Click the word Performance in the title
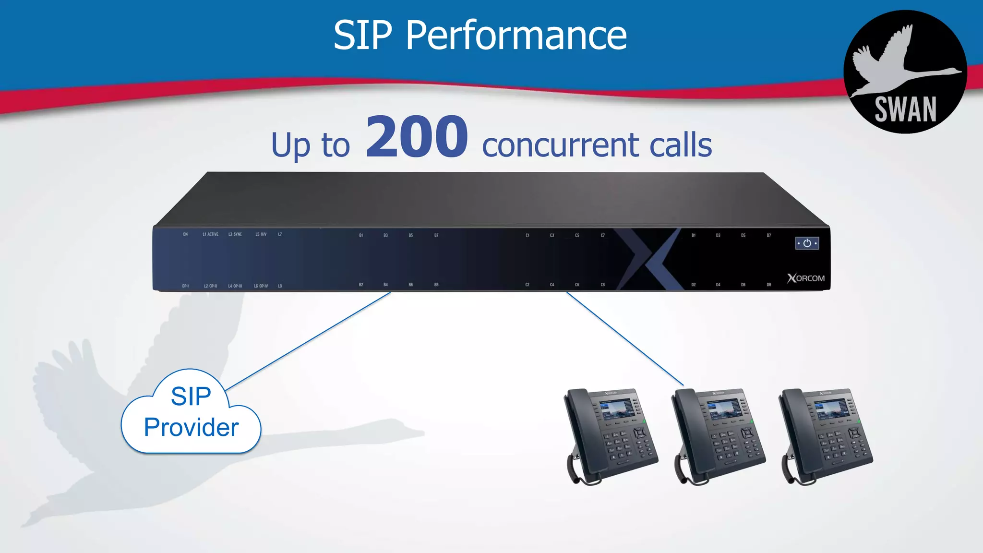516,36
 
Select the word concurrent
560,145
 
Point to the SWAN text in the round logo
905,109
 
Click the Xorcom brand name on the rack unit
806,278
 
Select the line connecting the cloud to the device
307,342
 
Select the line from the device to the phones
624,338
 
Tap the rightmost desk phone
826,434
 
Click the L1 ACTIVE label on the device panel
210,234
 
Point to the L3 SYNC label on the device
235,234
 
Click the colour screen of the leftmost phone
616,409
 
